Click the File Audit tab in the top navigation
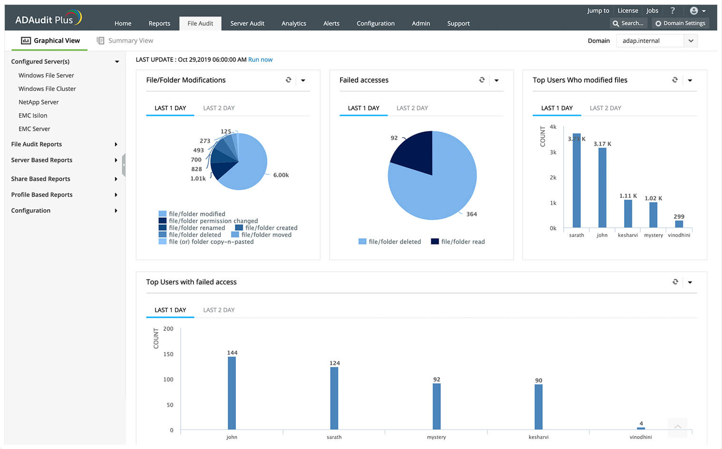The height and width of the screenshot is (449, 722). pos(200,23)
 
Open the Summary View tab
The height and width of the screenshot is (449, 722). pos(125,40)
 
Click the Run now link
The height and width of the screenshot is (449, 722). pos(260,59)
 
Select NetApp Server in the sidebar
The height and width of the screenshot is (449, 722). pos(39,102)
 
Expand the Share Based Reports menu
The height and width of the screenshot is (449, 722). pos(40,179)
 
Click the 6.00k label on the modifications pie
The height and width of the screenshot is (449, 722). pos(281,175)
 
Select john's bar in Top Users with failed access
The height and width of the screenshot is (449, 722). pos(232,392)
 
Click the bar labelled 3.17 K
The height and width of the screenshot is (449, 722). pos(602,187)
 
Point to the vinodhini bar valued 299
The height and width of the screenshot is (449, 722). pos(679,224)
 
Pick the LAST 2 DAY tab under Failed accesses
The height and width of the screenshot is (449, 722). pos(412,108)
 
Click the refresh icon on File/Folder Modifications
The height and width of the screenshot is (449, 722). pos(288,80)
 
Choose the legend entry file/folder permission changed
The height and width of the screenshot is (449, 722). pos(213,221)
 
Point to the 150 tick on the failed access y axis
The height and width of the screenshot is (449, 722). pos(168,354)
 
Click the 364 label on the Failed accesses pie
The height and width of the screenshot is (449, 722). pos(471,214)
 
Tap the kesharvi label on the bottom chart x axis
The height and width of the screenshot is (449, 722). pos(538,437)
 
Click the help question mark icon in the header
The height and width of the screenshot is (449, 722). pos(672,10)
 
